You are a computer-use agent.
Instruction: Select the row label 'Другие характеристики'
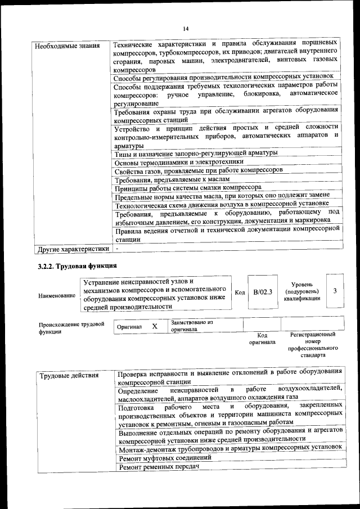[72, 248]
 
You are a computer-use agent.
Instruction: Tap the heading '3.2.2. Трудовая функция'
[77, 265]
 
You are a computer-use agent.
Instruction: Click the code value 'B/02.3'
[263, 292]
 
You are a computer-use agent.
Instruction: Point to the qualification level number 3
[335, 291]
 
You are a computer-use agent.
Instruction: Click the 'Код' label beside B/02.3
[240, 292]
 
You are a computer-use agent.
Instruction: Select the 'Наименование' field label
[57, 295]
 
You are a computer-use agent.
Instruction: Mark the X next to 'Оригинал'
[155, 326]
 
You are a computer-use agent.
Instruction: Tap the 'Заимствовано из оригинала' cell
[191, 326]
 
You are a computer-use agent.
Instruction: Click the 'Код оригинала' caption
[262, 339]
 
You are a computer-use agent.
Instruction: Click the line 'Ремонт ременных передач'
[160, 467]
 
